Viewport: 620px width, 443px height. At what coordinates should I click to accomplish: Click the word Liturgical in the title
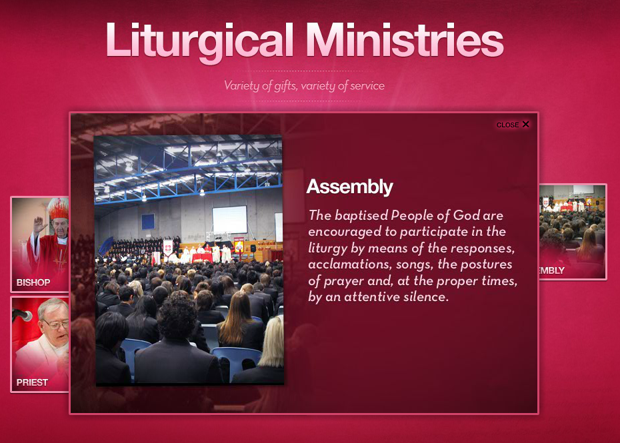[x=200, y=41]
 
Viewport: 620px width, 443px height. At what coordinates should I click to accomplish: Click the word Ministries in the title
[x=405, y=39]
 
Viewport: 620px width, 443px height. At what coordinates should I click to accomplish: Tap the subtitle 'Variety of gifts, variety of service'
[x=304, y=86]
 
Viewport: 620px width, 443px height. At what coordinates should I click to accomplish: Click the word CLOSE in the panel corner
[x=507, y=125]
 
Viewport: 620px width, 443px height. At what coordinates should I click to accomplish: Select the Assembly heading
[x=349, y=187]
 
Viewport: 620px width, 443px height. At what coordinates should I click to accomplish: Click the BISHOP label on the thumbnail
[x=33, y=282]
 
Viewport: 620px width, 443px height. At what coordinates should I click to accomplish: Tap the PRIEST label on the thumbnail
[x=32, y=382]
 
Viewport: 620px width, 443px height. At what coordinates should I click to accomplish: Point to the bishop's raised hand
[x=39, y=224]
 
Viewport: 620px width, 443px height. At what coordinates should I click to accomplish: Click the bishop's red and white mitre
[x=58, y=209]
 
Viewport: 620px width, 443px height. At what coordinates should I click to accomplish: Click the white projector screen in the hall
[x=230, y=219]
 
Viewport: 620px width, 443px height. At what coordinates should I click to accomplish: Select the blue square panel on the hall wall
[x=148, y=222]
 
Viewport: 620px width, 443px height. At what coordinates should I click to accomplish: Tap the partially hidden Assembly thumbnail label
[x=552, y=270]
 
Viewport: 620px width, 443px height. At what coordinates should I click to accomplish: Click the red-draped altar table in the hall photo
[x=202, y=258]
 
